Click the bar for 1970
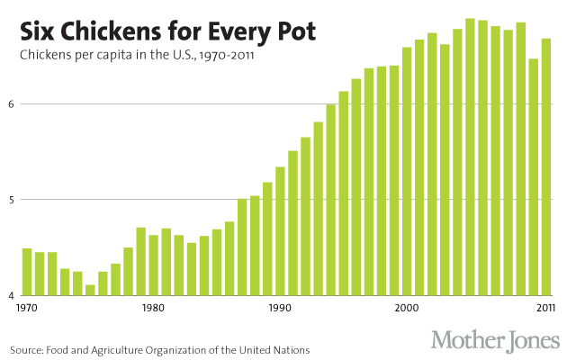27,272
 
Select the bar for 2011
546,166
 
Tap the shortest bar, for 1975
90,290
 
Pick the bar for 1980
154,265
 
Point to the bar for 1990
280,231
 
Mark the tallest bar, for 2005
470,157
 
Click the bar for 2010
534,177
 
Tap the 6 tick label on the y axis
13,104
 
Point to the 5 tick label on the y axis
13,200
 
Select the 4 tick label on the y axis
13,295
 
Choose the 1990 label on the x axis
280,309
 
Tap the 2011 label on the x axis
546,309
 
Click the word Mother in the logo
466,340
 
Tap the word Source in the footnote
27,348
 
